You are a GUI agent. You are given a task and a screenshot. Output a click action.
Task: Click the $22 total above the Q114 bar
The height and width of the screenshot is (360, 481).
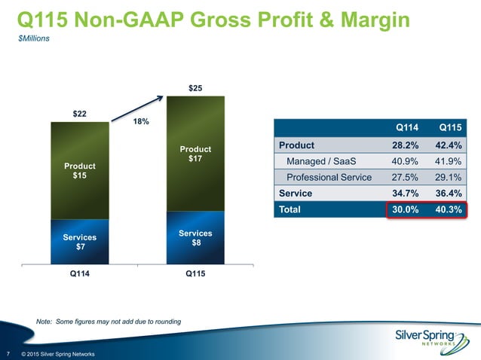coord(79,114)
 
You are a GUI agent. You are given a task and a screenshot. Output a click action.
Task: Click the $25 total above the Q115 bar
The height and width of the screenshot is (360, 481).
coord(195,89)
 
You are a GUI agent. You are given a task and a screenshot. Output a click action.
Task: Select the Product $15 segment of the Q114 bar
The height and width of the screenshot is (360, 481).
coord(79,169)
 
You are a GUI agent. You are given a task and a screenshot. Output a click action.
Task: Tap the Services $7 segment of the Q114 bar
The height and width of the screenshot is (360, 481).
coord(79,242)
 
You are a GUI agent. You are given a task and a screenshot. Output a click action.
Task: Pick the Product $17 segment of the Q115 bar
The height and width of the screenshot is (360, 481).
coord(195,154)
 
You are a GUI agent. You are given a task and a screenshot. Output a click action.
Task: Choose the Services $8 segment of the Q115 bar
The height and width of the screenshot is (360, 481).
coord(195,238)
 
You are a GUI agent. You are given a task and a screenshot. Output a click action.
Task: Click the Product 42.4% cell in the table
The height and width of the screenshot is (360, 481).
coord(450,145)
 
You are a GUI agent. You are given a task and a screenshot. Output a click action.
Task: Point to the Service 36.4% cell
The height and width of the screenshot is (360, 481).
coord(450,194)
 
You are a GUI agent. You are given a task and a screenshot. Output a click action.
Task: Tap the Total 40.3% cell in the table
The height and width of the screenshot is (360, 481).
coord(450,209)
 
